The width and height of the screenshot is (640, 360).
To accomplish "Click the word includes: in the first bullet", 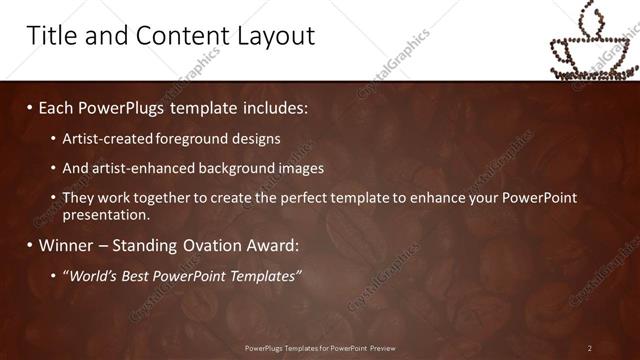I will [272, 106].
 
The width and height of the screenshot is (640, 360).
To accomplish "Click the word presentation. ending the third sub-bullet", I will [106, 214].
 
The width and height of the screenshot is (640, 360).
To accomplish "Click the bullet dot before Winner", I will [29, 245].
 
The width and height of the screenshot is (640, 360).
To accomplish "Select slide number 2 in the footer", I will [589, 347].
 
